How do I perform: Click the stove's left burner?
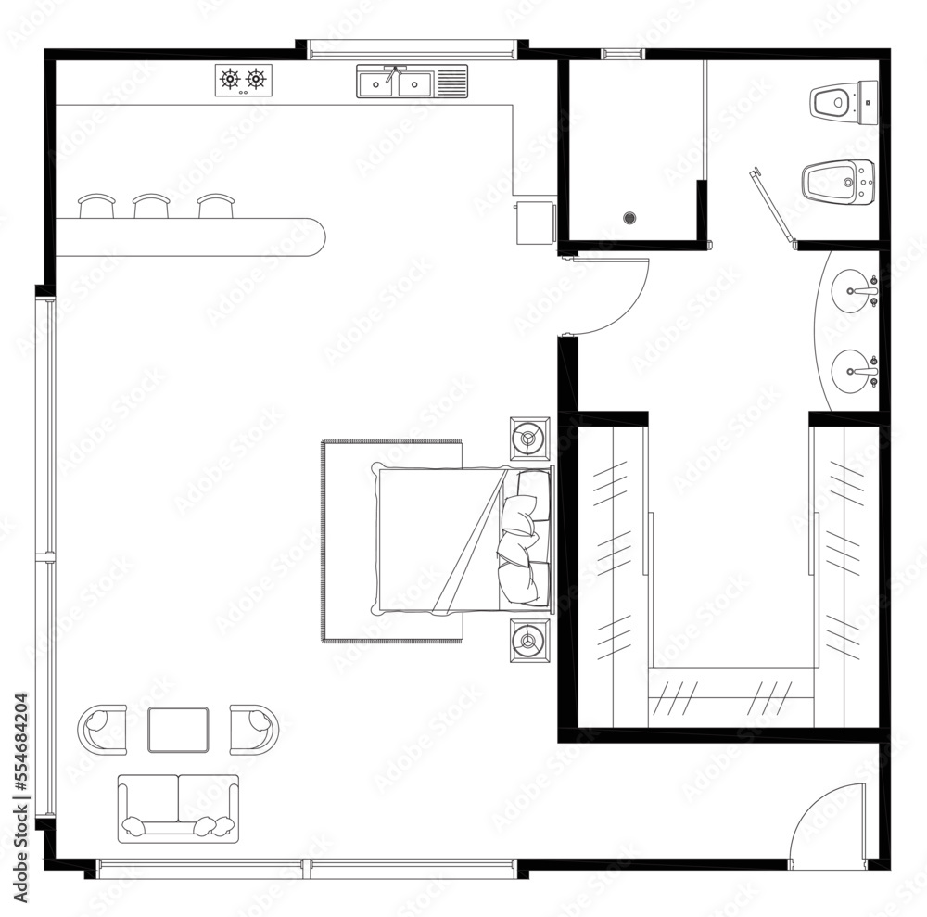[x=230, y=80]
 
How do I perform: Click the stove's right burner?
[x=256, y=80]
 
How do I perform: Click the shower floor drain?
[x=630, y=218]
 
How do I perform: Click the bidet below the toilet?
[x=837, y=182]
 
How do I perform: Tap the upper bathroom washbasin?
[x=854, y=291]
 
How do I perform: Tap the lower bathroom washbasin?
[x=854, y=372]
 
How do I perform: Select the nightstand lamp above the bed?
[x=529, y=438]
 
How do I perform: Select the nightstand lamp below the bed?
[x=529, y=639]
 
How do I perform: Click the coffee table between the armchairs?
[x=178, y=729]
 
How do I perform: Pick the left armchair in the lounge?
[x=103, y=729]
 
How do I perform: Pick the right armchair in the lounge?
[x=253, y=729]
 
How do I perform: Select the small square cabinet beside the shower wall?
[x=535, y=222]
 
